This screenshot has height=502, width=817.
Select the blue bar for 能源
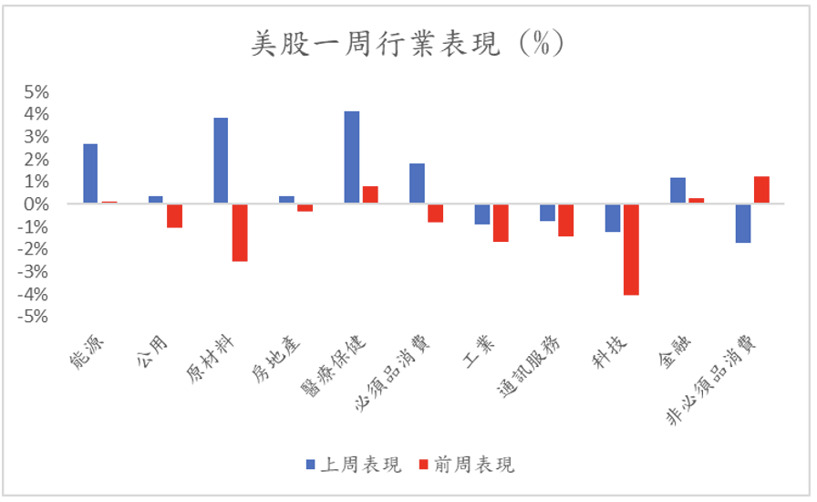pos(90,173)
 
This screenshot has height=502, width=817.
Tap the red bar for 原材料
pos(240,233)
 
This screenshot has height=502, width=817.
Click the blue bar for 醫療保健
pos(351,158)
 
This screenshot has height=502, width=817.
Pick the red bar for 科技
pos(629,249)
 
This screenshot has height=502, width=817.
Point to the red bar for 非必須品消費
pos(761,190)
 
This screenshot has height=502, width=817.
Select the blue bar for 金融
pos(677,191)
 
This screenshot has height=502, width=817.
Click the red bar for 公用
pos(174,215)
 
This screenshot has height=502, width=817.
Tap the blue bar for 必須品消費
pos(417,183)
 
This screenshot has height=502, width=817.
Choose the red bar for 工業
pos(501,223)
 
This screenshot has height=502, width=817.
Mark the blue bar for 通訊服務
pos(547,213)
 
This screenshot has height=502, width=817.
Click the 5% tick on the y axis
pos(36,92)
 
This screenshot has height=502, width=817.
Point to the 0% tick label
pos(36,204)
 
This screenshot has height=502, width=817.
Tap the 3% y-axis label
pos(36,137)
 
